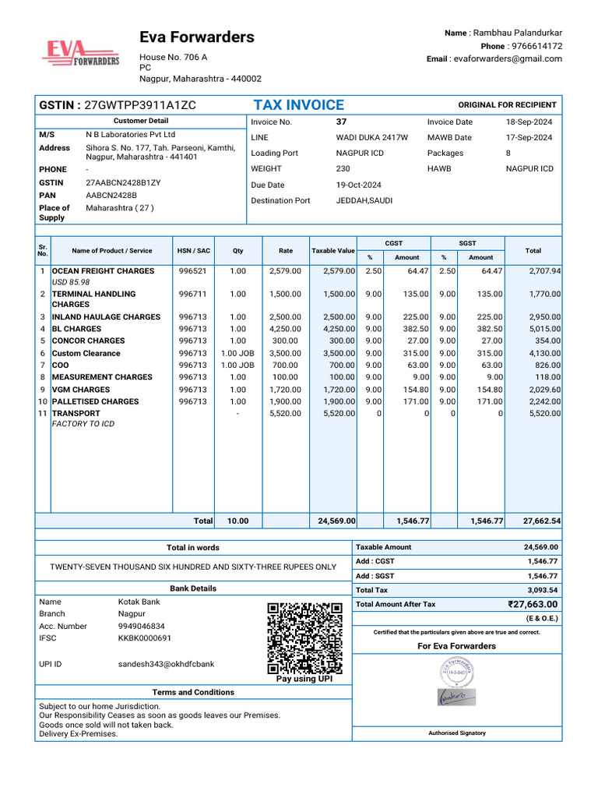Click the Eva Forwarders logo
coord(80,54)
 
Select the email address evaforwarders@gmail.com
coord(508,59)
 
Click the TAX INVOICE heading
coord(298,105)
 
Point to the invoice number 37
coord(341,122)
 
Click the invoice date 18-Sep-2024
coord(529,122)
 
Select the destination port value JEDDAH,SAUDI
coord(364,200)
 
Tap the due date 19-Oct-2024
coord(359,185)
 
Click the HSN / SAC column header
coord(193,251)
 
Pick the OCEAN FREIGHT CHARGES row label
coord(103,271)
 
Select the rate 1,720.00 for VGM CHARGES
coord(285,390)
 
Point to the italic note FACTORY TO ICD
coord(83,424)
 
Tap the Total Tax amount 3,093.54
coord(542,590)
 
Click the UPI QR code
coord(304,638)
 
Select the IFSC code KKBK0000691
coord(145,638)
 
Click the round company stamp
coord(457,670)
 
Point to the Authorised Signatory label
coord(456,733)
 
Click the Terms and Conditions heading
coord(193,692)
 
